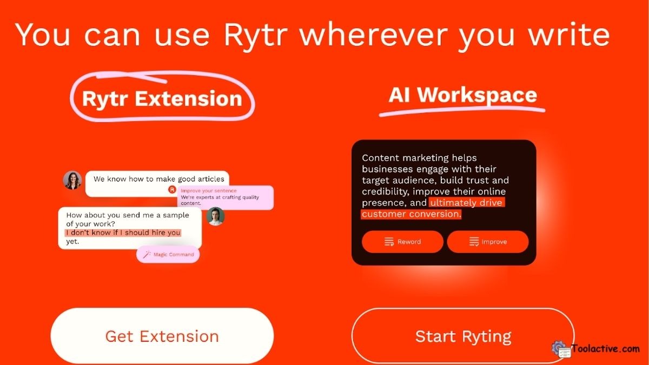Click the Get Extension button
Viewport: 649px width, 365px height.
[x=162, y=336]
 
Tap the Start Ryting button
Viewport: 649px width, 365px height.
[x=463, y=336]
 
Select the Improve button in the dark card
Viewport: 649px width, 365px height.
[x=488, y=242]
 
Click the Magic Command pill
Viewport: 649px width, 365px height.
[x=168, y=254]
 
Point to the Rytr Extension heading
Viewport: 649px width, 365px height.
[x=162, y=98]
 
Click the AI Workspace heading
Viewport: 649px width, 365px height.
[x=462, y=95]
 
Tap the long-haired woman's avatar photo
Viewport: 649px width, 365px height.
[x=72, y=180]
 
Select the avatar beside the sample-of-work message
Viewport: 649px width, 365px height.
[x=215, y=216]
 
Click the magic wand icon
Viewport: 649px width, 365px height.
[x=147, y=254]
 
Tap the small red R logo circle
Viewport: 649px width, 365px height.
[x=172, y=189]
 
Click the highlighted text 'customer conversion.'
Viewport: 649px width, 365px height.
[x=411, y=214]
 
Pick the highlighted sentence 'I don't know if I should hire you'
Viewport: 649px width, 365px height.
[x=123, y=233]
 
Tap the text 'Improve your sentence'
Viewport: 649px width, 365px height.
[x=208, y=190]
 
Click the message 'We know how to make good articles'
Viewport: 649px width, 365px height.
[x=158, y=179]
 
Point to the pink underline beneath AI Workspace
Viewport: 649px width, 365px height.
[x=462, y=111]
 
